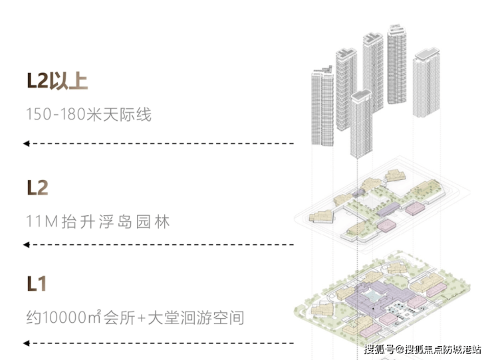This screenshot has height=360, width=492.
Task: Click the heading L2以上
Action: (57, 81)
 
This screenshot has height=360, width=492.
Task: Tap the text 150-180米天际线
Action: (89, 114)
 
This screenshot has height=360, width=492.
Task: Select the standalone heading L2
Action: (38, 188)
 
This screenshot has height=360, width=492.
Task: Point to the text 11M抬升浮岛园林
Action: (98, 222)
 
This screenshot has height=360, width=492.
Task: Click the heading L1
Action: (37, 284)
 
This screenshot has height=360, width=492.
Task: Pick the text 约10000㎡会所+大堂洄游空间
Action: (135, 317)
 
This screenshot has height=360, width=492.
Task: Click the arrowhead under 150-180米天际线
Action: (27, 143)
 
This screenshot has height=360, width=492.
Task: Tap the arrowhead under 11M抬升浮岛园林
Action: (27, 244)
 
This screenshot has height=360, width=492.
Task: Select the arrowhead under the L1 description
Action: (27, 343)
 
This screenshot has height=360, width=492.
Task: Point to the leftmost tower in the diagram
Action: (322, 106)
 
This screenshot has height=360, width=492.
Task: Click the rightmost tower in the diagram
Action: (426, 83)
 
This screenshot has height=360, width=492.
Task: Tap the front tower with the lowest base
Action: (361, 124)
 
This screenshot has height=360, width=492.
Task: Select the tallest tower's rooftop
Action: (397, 29)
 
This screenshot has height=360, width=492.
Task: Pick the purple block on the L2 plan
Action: (388, 209)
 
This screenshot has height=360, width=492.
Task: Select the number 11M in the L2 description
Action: (42, 222)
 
